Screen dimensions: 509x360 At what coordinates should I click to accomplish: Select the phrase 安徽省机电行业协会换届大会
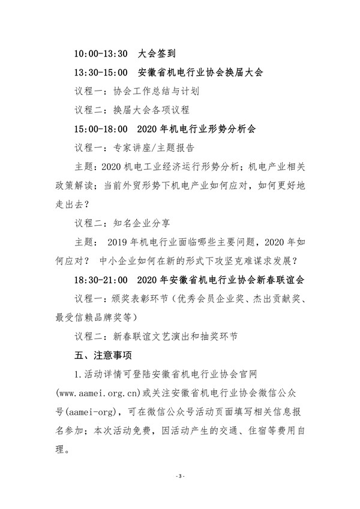pyautogui.click(x=202, y=73)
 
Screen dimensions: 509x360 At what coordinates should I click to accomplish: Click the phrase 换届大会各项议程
pyautogui.click(x=151, y=110)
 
